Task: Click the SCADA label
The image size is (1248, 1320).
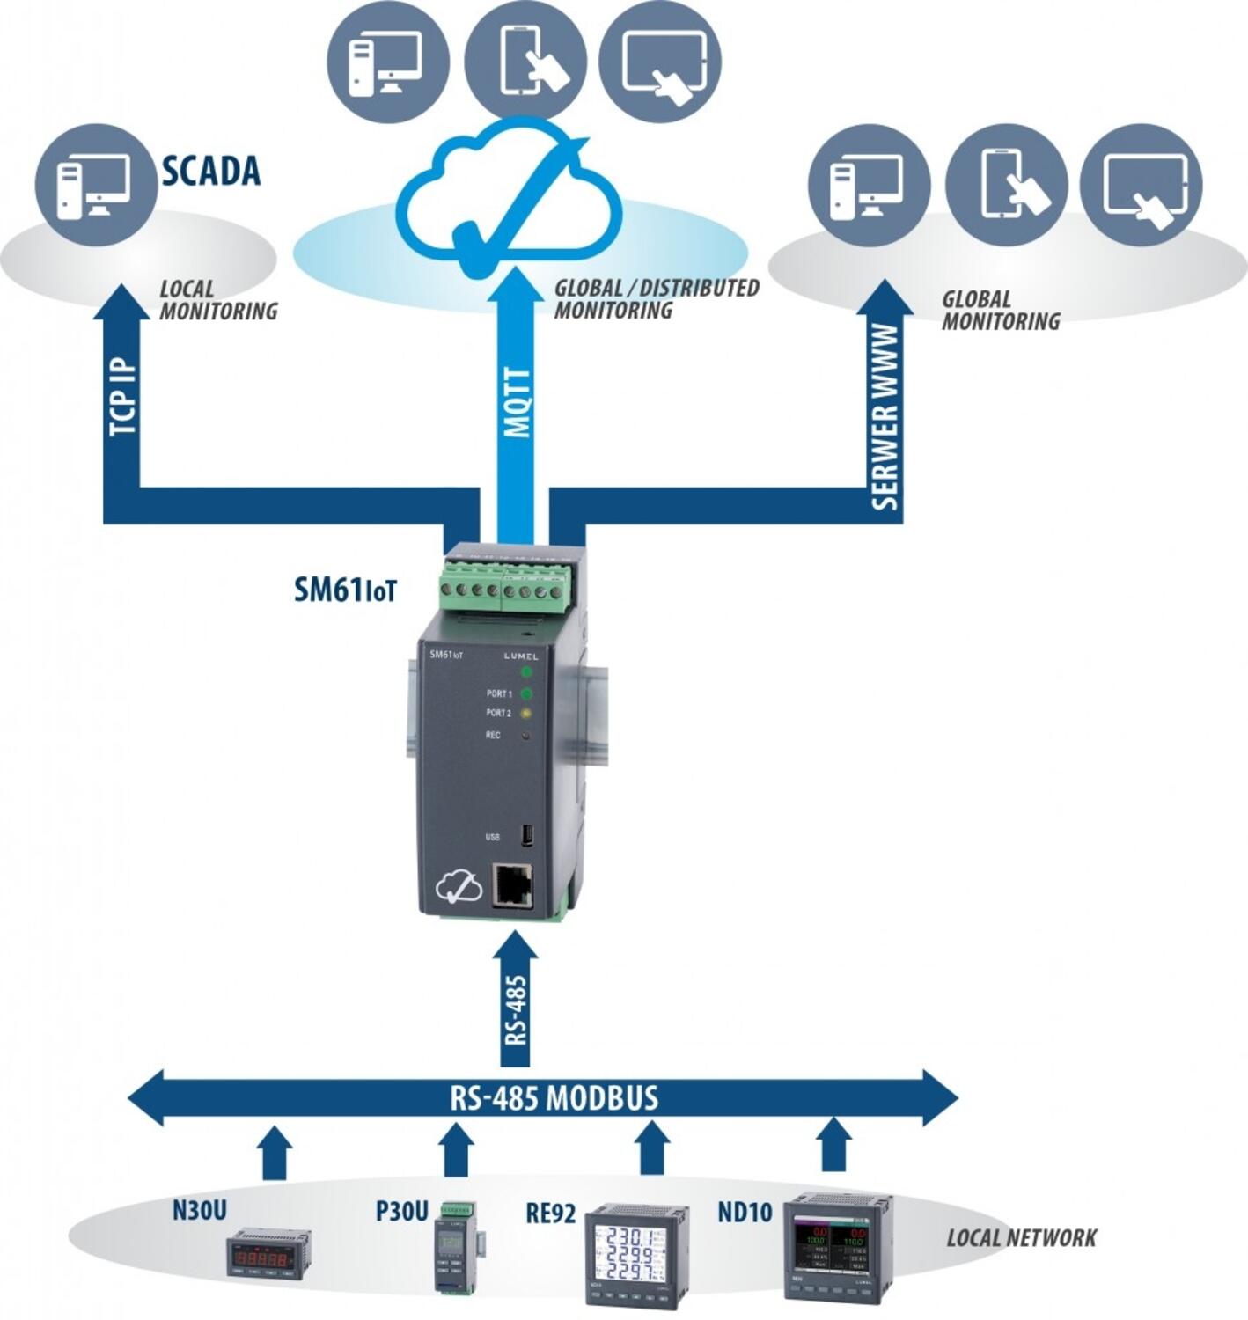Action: coord(211,171)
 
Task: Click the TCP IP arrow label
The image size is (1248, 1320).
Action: coord(122,396)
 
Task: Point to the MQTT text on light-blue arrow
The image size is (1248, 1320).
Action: coord(518,402)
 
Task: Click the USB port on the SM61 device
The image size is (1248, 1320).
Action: coord(526,835)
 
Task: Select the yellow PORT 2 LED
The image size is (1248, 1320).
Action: coord(526,713)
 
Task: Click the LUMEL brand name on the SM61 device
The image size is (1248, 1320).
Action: coord(521,656)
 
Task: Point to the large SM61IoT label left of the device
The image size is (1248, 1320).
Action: coord(345,590)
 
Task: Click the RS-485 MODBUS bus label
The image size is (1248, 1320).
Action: coord(554,1097)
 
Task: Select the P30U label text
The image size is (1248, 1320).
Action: coord(401,1212)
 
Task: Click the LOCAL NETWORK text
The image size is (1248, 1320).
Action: coord(1021,1238)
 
